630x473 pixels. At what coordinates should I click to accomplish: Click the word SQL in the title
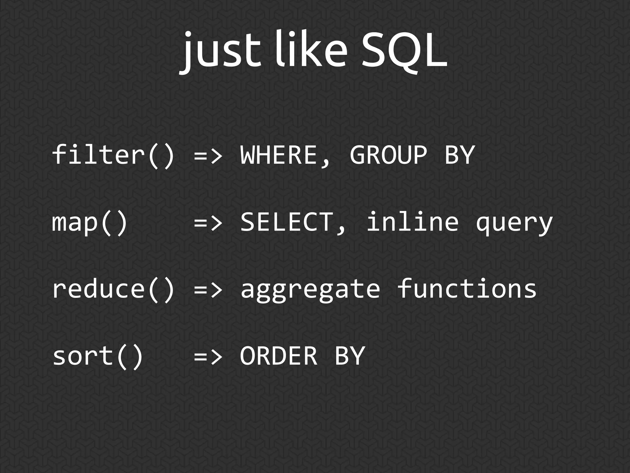[404, 51]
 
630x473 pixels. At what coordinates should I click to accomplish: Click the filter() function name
[113, 155]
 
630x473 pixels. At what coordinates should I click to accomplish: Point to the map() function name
[90, 222]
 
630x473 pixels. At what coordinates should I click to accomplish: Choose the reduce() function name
[113, 289]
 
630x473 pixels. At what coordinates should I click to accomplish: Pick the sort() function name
[98, 356]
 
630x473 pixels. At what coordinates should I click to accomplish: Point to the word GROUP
[388, 155]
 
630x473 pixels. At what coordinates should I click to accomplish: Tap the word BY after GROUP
[459, 155]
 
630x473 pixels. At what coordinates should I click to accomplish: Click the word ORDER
[278, 356]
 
